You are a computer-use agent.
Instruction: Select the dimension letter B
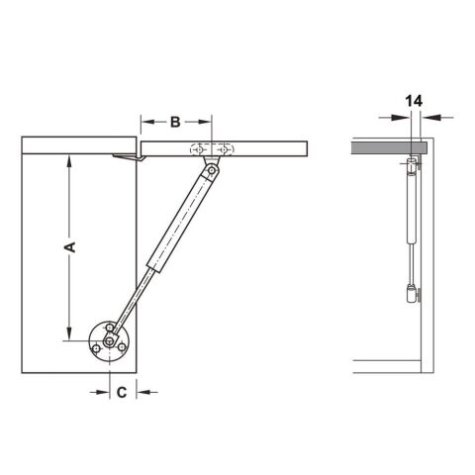point(174,122)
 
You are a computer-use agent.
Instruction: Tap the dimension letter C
point(121,392)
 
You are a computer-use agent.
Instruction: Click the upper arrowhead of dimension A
point(70,161)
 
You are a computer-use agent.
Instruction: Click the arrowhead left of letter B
point(144,122)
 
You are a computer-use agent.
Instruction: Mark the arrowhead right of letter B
point(206,122)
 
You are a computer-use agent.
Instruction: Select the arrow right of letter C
point(142,392)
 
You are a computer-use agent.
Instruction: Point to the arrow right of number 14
point(432,117)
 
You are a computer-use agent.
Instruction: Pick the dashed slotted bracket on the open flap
point(211,148)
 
